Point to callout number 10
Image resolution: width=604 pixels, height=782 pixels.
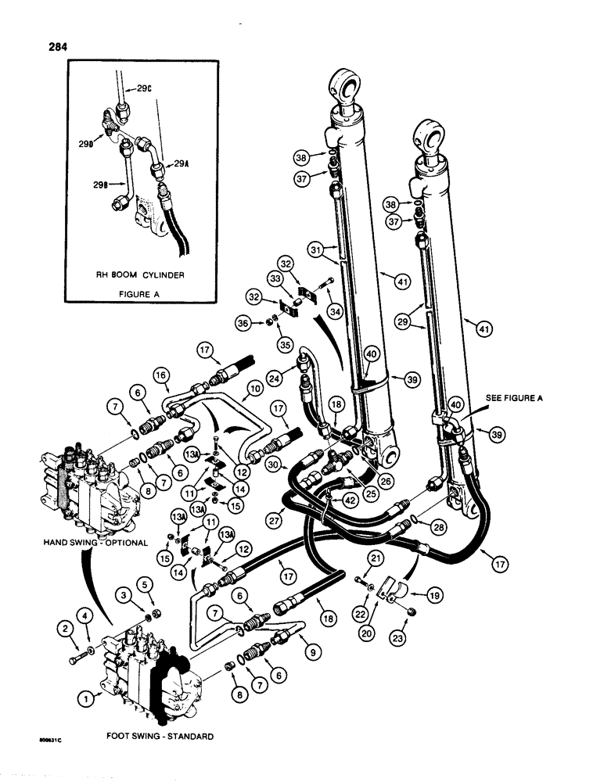(254, 388)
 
